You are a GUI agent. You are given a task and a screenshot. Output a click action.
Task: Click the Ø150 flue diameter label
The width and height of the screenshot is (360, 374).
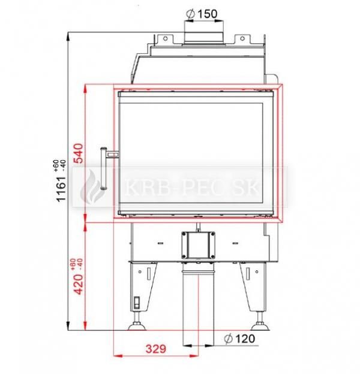coord(202,14)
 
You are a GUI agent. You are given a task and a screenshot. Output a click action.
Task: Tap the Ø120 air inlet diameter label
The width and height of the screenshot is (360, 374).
coord(239,339)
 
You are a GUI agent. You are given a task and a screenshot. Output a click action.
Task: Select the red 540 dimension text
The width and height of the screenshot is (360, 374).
coord(79,153)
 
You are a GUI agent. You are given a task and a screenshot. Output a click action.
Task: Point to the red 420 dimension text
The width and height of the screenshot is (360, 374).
coord(79,284)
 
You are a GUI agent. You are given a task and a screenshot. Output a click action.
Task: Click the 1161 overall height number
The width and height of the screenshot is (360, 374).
coord(61,189)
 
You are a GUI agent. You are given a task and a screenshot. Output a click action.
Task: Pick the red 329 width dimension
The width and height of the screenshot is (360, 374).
coord(156,349)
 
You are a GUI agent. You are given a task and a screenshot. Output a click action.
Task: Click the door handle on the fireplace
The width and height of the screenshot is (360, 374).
coord(104,168)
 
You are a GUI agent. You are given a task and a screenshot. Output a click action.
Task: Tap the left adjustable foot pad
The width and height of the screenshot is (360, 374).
coord(137,326)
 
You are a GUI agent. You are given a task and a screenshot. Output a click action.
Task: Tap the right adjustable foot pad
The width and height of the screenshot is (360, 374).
coord(260,326)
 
